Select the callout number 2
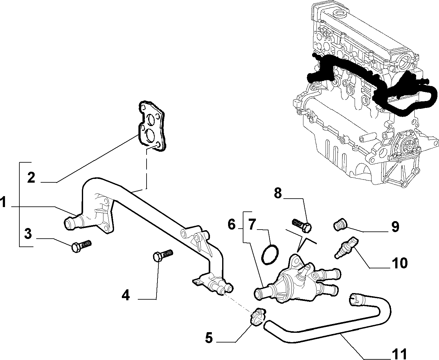tap(31, 177)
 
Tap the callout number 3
tap(28, 234)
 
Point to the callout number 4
tap(126, 295)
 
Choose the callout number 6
tap(232, 224)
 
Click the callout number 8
tap(278, 193)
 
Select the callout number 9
tap(395, 227)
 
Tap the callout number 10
tap(400, 263)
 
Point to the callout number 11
tap(400, 354)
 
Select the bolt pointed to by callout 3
tap(81, 246)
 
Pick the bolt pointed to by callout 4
tap(163, 255)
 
